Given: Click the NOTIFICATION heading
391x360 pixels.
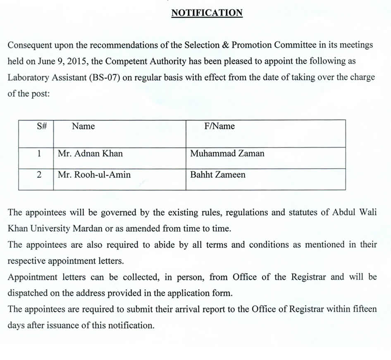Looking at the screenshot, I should [x=207, y=13].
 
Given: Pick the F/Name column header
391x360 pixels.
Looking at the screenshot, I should [x=219, y=126].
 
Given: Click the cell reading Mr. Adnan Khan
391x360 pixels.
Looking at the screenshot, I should [x=90, y=154].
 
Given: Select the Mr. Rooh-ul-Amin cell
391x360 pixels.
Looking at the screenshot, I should [x=94, y=175].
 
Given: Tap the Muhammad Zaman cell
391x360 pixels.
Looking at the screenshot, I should [x=227, y=154].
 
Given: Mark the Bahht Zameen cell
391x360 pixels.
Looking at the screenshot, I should [x=218, y=175].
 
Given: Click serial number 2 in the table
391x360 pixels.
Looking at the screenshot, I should [x=39, y=175].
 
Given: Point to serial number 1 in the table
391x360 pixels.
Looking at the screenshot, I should [x=39, y=154].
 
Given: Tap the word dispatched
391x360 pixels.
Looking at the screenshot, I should [x=27, y=293].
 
